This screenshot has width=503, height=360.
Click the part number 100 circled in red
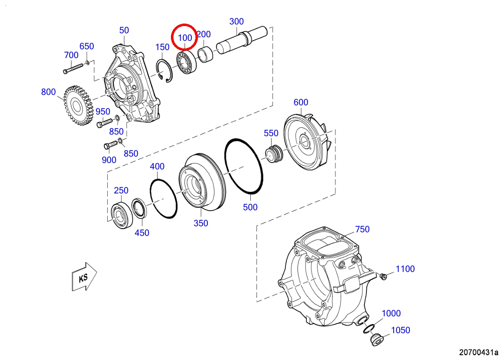point(185,38)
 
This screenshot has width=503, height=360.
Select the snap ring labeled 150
point(164,71)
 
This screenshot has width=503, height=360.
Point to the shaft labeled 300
point(242,40)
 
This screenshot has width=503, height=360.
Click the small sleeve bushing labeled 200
point(205,54)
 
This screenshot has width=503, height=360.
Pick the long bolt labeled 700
point(73,68)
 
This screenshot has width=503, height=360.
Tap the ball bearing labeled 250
point(122,215)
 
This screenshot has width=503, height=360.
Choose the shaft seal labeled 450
point(139,208)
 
